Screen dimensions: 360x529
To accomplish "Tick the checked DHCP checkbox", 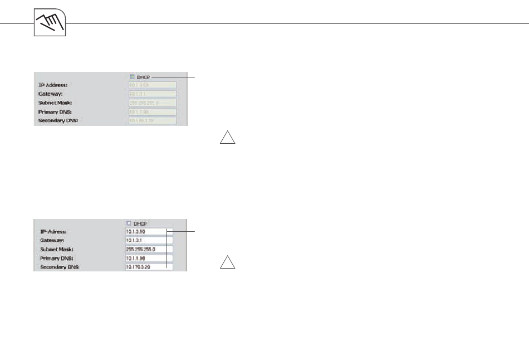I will click(x=131, y=76).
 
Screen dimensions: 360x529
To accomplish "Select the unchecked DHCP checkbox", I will click(x=129, y=223).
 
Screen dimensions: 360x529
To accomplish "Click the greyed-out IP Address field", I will click(x=152, y=85).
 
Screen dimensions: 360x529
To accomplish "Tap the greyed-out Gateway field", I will click(x=152, y=94).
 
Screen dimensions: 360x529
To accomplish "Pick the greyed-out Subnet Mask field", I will click(x=152, y=103).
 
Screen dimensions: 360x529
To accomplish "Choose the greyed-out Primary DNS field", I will click(x=152, y=111).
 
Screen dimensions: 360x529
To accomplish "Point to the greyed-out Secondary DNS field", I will click(x=152, y=120).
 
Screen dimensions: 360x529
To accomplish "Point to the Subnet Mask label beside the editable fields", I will click(x=57, y=249).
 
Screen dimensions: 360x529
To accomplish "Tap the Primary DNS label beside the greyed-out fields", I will click(x=55, y=111).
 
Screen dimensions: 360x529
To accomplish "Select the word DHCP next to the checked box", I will click(x=143, y=77).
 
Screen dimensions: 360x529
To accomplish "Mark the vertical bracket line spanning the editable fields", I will click(x=167, y=248).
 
